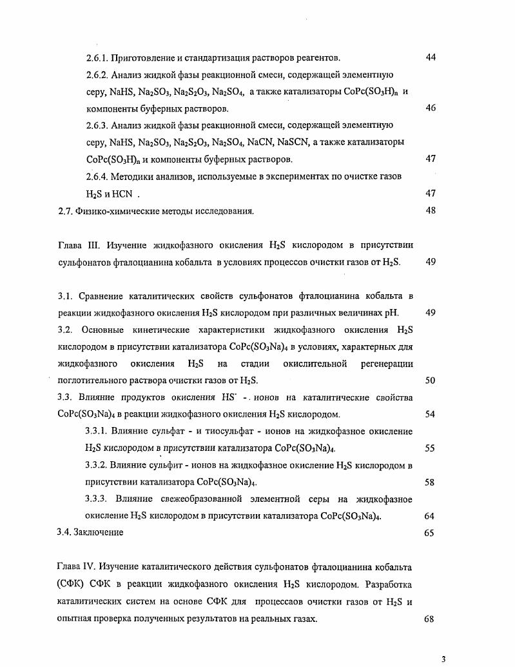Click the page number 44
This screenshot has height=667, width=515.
[x=431, y=57]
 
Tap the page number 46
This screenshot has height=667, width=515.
[x=431, y=108]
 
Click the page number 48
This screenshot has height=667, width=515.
[x=431, y=210]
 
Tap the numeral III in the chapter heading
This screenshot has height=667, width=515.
[x=92, y=245]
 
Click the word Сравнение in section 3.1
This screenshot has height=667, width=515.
[x=105, y=296]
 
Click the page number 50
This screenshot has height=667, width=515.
[x=431, y=381]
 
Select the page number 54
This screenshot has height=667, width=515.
[x=431, y=414]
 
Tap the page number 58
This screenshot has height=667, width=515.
[x=431, y=482]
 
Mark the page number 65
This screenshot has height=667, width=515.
[x=431, y=533]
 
